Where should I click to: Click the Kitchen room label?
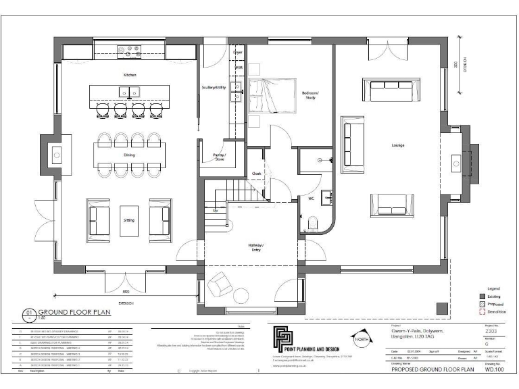click(x=129, y=74)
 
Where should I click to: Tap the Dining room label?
click(x=128, y=155)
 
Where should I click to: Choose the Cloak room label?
click(x=257, y=173)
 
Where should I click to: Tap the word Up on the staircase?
click(x=216, y=211)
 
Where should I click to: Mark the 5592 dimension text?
click(x=126, y=292)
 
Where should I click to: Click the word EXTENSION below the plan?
click(x=126, y=303)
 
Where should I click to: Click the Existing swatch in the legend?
click(x=483, y=296)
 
